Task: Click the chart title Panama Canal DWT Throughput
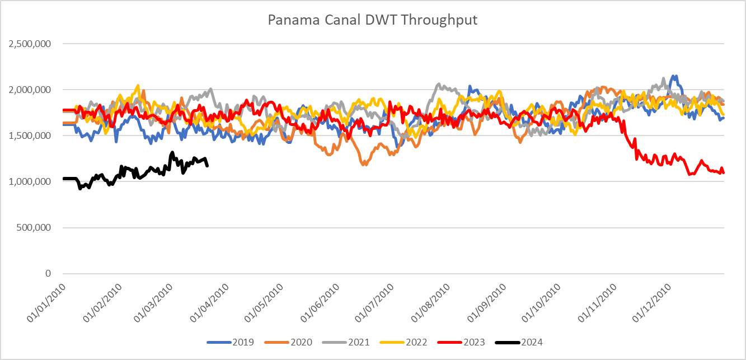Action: [373, 20]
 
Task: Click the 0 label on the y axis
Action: [49, 274]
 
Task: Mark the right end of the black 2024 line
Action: [208, 166]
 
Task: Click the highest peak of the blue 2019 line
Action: [675, 76]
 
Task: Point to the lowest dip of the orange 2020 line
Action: [365, 165]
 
